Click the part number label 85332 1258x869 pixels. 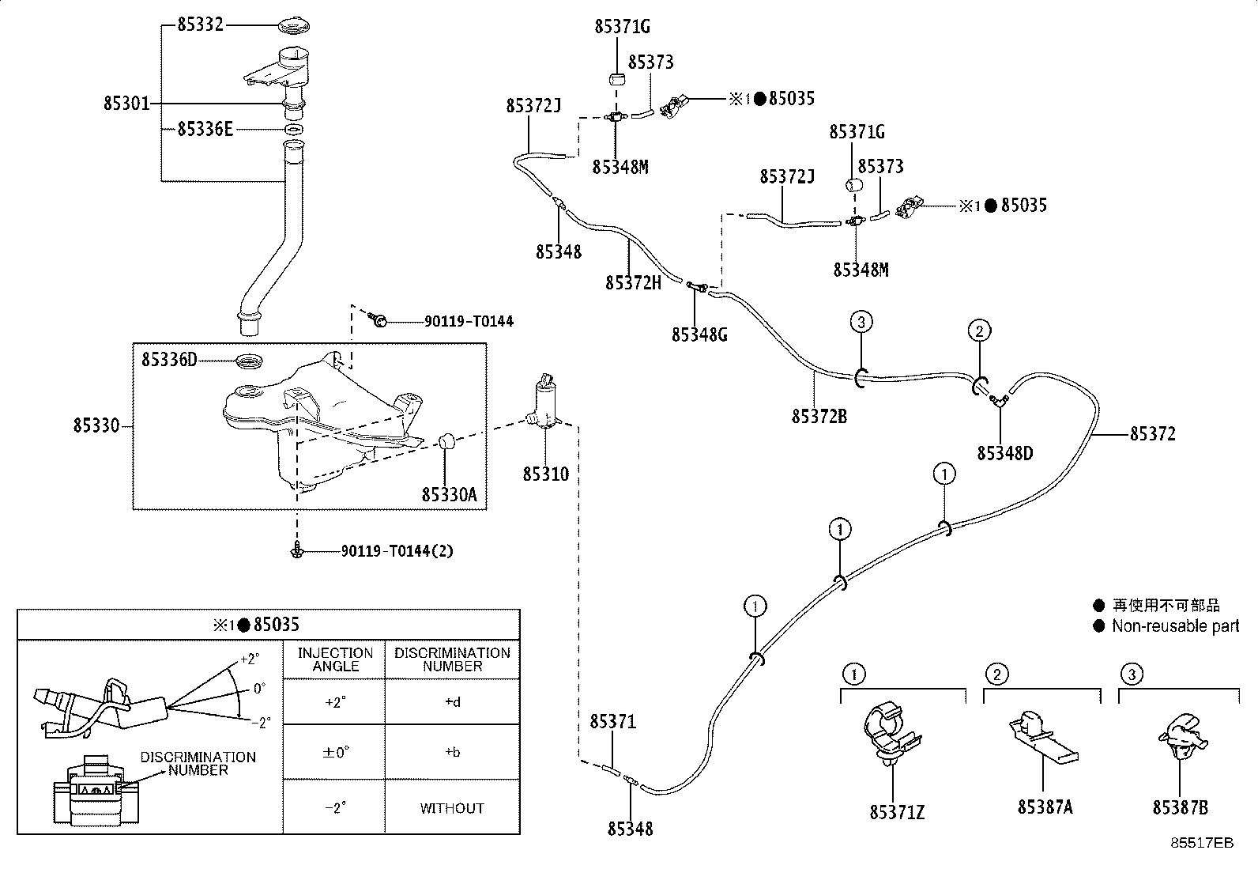tap(201, 25)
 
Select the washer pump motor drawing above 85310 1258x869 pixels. tap(544, 402)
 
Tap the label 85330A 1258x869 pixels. tap(450, 495)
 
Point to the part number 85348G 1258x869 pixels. tap(700, 335)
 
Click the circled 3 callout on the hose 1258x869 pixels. tap(861, 322)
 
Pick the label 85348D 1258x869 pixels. tap(1005, 453)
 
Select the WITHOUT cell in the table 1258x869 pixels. tap(452, 808)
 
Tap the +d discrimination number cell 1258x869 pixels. tap(453, 702)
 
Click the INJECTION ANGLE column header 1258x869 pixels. tap(335, 659)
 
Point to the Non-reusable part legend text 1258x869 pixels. tap(1176, 625)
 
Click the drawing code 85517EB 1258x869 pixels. tap(1202, 843)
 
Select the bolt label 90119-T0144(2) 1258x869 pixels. tap(397, 551)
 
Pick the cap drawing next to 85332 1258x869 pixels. tap(295, 26)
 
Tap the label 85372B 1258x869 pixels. tap(819, 416)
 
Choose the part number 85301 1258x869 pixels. tap(126, 104)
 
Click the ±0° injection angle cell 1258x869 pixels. tap(335, 752)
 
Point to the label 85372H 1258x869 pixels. tap(634, 283)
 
